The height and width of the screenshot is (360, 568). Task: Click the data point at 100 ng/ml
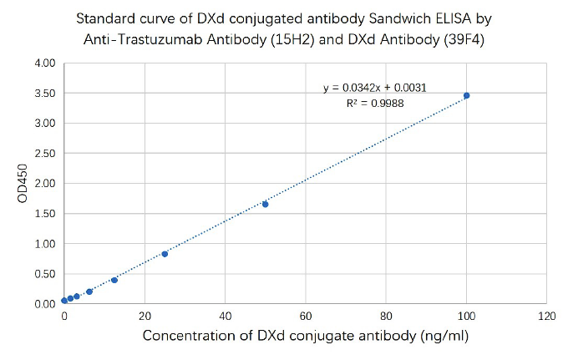point(466,96)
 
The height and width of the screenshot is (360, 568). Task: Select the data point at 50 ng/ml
point(265,204)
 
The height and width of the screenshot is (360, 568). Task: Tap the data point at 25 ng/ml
point(165,254)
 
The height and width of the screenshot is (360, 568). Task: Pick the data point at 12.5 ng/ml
point(114,280)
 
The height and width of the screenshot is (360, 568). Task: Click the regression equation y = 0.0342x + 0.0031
point(375,88)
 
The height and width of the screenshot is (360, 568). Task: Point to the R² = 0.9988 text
point(375,103)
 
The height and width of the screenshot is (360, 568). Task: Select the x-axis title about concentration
point(305,336)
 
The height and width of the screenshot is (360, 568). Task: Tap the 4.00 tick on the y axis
point(44,63)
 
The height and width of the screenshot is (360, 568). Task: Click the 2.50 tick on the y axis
point(44,154)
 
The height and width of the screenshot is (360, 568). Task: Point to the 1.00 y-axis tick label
point(44,244)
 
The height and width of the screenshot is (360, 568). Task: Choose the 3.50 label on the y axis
point(44,94)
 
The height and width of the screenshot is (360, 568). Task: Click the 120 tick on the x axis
point(546,317)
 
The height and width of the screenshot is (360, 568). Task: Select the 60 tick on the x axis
point(305,317)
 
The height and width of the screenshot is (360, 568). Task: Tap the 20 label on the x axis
point(145,317)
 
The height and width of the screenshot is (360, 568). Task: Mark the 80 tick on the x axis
point(386,317)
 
